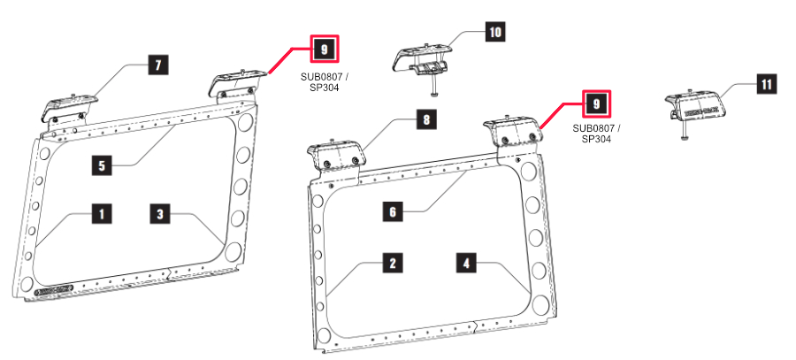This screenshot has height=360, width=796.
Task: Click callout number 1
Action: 102,213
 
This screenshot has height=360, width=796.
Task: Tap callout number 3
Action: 161,213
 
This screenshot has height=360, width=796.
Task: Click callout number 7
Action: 157,65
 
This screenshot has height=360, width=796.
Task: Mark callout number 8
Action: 426,121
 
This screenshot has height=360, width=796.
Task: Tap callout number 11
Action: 765,85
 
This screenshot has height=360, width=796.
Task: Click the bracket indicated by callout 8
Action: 333,154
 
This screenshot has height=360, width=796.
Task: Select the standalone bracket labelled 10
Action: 422,59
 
